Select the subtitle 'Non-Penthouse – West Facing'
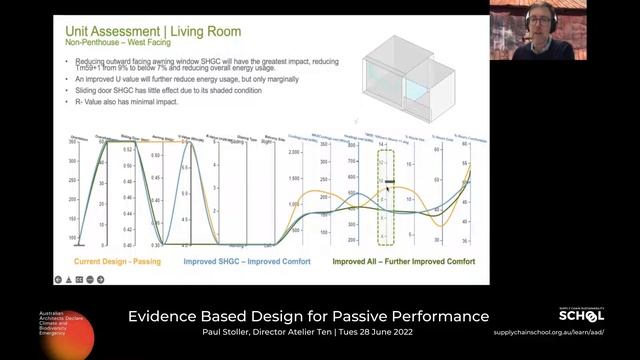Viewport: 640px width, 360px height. [107, 45]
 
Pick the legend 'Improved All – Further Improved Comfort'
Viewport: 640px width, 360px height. [403, 261]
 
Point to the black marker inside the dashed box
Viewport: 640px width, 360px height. [389, 183]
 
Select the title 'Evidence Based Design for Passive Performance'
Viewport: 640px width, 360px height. [308, 316]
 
